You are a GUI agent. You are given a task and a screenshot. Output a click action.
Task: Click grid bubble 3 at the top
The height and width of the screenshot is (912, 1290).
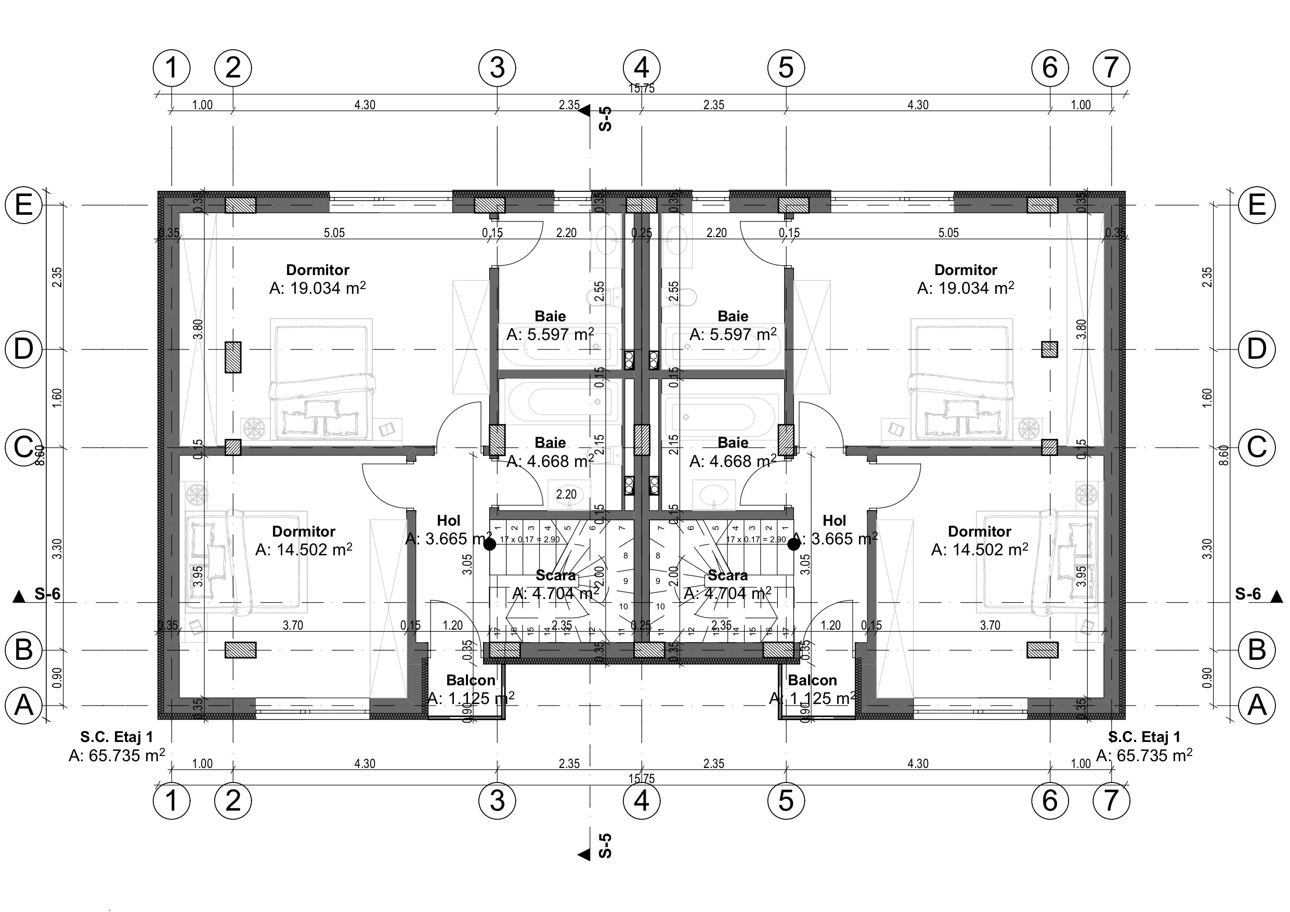coord(497,68)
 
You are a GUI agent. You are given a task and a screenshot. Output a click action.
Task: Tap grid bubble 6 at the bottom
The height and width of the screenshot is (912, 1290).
coord(1050,801)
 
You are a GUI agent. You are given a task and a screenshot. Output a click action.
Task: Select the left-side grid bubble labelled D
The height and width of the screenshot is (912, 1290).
coord(23,349)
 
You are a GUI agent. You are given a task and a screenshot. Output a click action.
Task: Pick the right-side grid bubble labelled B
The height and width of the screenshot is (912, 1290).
coord(1256,650)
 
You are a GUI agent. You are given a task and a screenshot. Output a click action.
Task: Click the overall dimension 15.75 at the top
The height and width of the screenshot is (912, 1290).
coord(641,88)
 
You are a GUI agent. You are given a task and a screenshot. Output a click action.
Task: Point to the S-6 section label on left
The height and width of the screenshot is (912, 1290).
coord(47,594)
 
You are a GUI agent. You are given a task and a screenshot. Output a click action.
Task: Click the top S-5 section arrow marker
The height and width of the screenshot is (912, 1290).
coord(584,111)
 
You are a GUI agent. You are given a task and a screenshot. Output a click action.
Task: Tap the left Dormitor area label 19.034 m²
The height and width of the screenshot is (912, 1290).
coord(318,288)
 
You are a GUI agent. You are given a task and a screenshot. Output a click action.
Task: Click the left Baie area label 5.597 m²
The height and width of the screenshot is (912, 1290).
coord(550,335)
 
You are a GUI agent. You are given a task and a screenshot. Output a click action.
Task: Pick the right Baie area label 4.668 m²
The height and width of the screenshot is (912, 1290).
coord(733,461)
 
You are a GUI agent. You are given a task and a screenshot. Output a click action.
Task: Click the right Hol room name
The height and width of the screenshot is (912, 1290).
coord(834,520)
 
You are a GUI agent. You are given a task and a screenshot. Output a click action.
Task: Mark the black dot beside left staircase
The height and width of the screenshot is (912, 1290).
coord(490,544)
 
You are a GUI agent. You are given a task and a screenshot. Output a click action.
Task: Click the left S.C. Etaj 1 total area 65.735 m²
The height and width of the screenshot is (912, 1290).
coord(116,755)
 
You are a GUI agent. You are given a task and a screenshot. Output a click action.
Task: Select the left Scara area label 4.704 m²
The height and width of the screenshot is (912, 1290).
coord(555,593)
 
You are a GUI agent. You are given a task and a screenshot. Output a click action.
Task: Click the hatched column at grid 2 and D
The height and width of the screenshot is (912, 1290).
coord(232,357)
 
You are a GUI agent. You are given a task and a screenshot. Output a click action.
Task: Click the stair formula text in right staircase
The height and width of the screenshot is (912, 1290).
coord(755,539)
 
